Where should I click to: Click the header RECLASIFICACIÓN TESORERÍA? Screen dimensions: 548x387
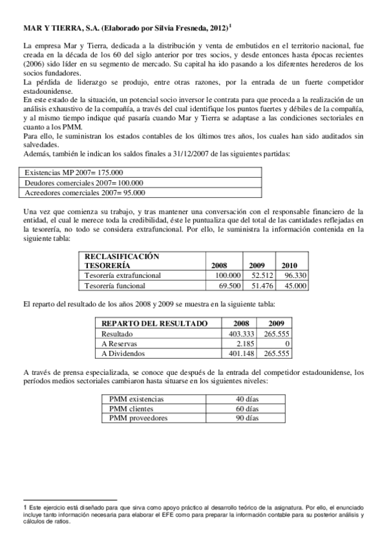pyautogui.click(x=122, y=261)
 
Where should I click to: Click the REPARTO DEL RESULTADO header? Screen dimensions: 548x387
pyautogui.click(x=154, y=324)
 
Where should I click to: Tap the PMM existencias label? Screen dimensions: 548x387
pyautogui.click(x=137, y=399)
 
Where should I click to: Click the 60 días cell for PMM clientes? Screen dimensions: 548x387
pyautogui.click(x=247, y=408)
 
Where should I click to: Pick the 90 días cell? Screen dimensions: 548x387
pyautogui.click(x=247, y=418)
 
